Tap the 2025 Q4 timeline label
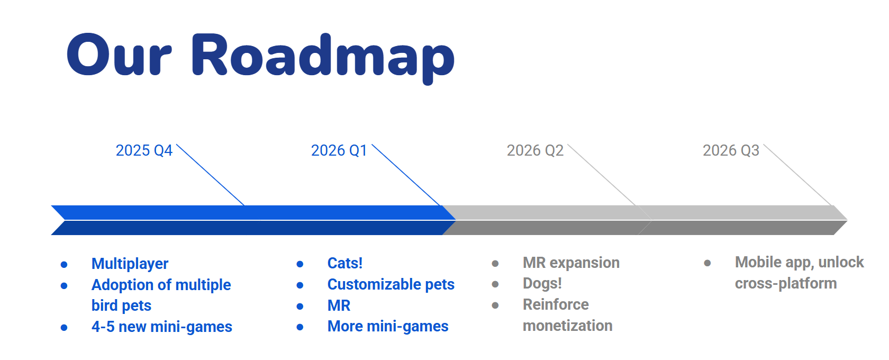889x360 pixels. (144, 150)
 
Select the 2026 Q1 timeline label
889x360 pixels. (339, 150)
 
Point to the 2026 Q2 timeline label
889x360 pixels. (535, 150)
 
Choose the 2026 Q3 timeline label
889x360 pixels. (731, 150)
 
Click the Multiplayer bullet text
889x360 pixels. (130, 264)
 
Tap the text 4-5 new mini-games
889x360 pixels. (161, 327)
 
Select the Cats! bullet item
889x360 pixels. (345, 263)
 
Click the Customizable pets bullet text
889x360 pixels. (391, 284)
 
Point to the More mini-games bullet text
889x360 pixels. (388, 326)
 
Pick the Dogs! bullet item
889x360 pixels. (542, 283)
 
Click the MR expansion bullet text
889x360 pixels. (571, 263)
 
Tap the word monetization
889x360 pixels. (567, 326)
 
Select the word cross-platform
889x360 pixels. (786, 283)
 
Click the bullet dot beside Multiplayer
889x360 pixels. (64, 265)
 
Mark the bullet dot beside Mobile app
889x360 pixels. (707, 263)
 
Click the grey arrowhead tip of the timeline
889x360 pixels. (847, 220)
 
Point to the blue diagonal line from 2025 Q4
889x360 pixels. (211, 175)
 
